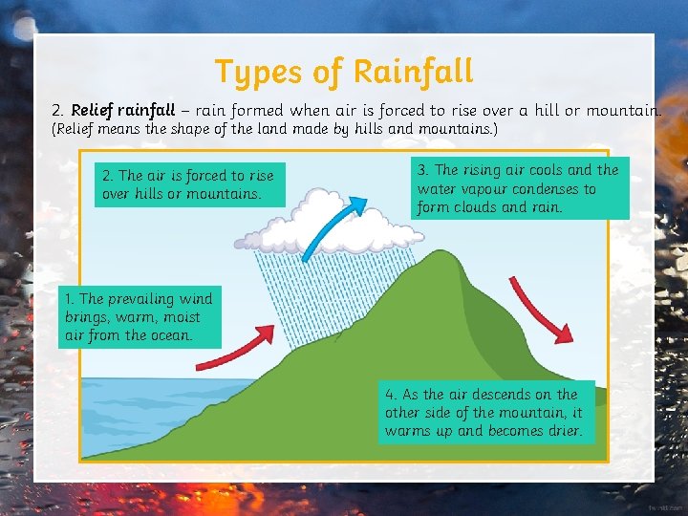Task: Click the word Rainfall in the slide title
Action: tap(413, 71)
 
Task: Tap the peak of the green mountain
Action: tap(442, 256)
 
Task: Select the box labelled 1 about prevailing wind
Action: tap(139, 316)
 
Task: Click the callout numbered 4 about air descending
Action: tap(484, 413)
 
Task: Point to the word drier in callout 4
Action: tap(562, 431)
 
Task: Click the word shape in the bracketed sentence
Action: tap(183, 128)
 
